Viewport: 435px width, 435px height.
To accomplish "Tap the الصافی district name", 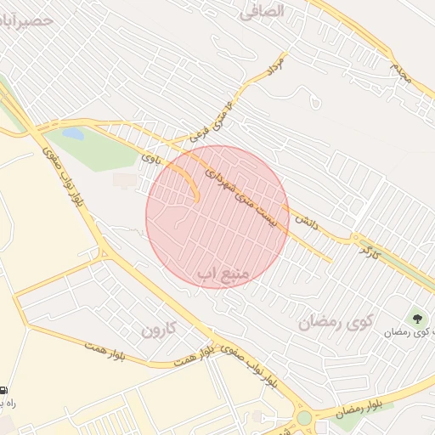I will [x=284, y=12].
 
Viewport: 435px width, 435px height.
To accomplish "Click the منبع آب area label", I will [x=222, y=274].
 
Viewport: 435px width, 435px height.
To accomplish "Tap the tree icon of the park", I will [x=417, y=319].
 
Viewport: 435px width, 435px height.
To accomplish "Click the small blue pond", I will [x=73, y=133].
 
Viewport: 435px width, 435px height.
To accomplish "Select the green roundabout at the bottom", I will [x=304, y=418].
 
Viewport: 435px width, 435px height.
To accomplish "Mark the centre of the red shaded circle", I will [x=217, y=217].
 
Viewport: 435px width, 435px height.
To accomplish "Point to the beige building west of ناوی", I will [x=125, y=180].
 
